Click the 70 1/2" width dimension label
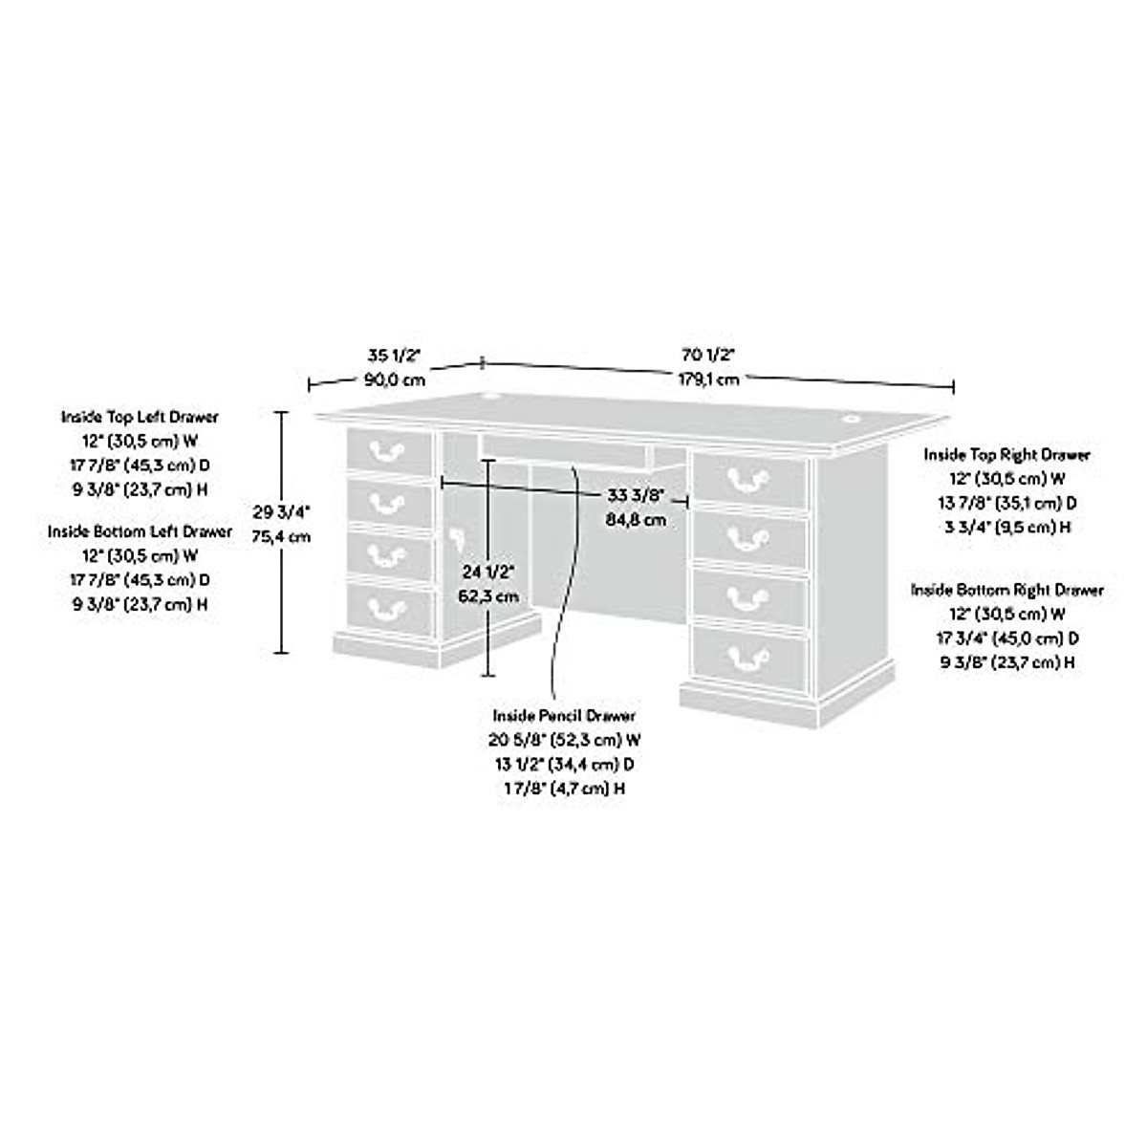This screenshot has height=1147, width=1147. pyautogui.click(x=707, y=355)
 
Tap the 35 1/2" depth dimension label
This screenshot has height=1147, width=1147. pyautogui.click(x=394, y=356)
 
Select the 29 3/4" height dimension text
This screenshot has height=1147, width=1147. pyautogui.click(x=281, y=511)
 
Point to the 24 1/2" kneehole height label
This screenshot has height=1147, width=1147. pyautogui.click(x=489, y=573)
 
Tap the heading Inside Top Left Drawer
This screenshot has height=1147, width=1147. pyautogui.click(x=140, y=417)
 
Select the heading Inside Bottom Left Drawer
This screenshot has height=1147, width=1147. pyautogui.click(x=140, y=531)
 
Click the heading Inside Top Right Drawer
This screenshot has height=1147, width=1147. pyautogui.click(x=1006, y=455)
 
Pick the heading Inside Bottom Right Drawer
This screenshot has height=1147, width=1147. pyautogui.click(x=1006, y=590)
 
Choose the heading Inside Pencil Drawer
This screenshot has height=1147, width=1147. pyautogui.click(x=564, y=715)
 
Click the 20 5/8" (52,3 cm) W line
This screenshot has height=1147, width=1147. pyautogui.click(x=564, y=740)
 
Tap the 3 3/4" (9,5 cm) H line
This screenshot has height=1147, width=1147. pyautogui.click(x=1006, y=527)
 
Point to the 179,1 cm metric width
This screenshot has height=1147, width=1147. pyautogui.click(x=707, y=379)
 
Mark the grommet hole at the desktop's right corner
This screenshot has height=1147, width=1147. pyautogui.click(x=850, y=417)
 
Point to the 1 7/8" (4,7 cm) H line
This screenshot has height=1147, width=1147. pyautogui.click(x=564, y=789)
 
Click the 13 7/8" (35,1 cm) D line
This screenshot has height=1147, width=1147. pyautogui.click(x=1006, y=503)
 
